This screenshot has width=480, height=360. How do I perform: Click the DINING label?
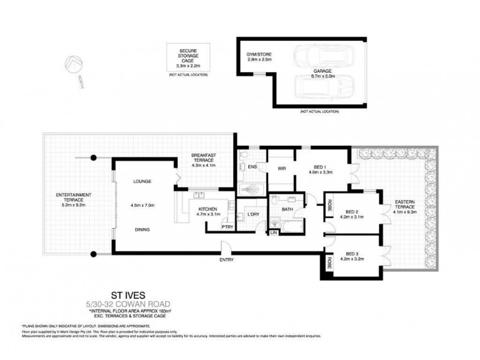coord(142,229)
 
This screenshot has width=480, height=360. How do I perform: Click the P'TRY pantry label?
coord(211,227)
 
